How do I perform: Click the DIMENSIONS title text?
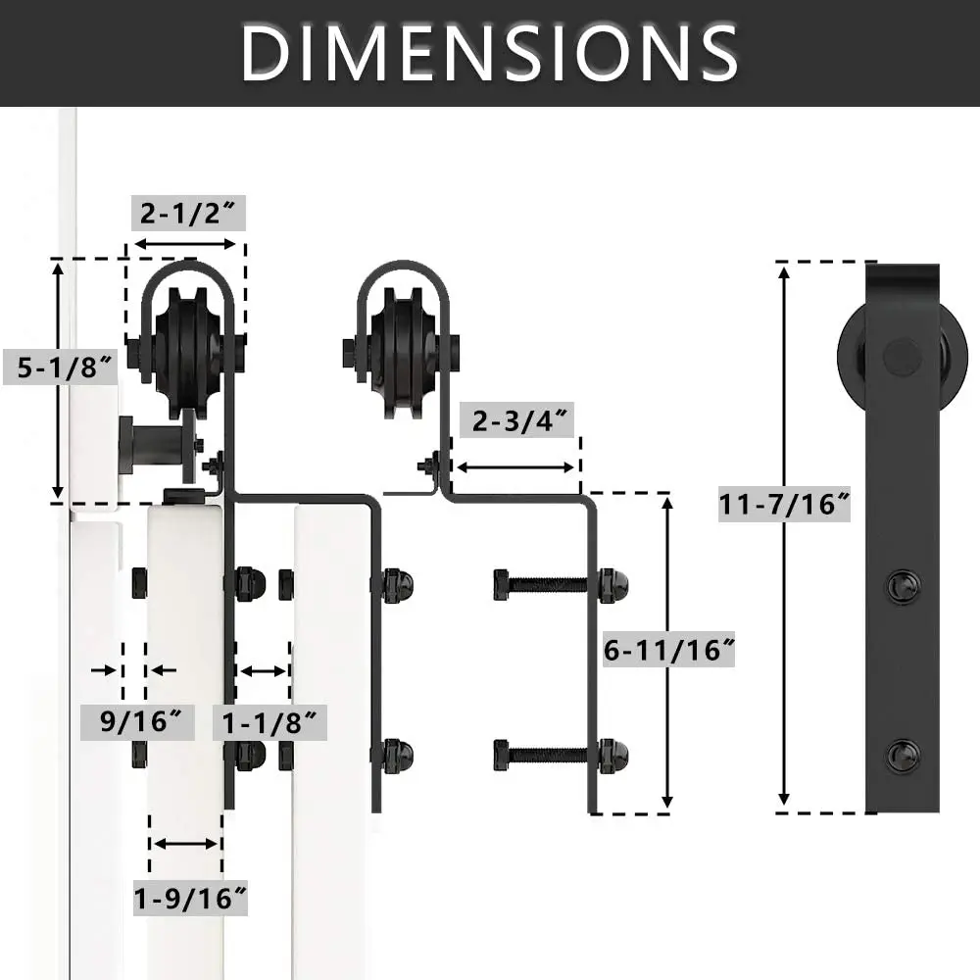click(x=489, y=53)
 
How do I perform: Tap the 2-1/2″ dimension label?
click(x=188, y=213)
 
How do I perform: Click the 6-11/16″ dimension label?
click(x=668, y=650)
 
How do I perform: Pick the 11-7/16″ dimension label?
click(x=784, y=504)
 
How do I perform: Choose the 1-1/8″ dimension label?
click(x=270, y=722)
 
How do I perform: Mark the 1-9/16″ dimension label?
click(x=190, y=898)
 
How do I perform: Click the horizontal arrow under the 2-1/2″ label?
click(x=185, y=244)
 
